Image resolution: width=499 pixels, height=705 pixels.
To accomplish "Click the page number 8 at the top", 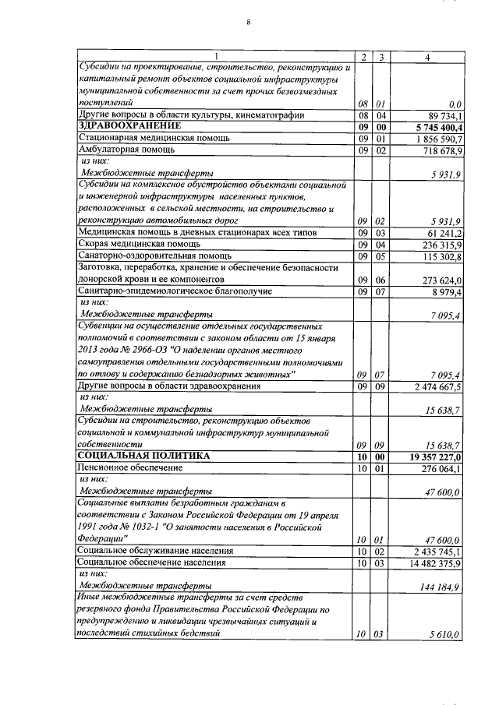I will coord(248,22).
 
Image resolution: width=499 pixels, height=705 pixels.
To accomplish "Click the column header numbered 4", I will coord(426,57).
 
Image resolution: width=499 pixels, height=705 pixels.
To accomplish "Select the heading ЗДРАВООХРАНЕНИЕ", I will coord(129,125).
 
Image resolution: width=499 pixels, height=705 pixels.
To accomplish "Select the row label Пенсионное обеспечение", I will coord(129,467).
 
